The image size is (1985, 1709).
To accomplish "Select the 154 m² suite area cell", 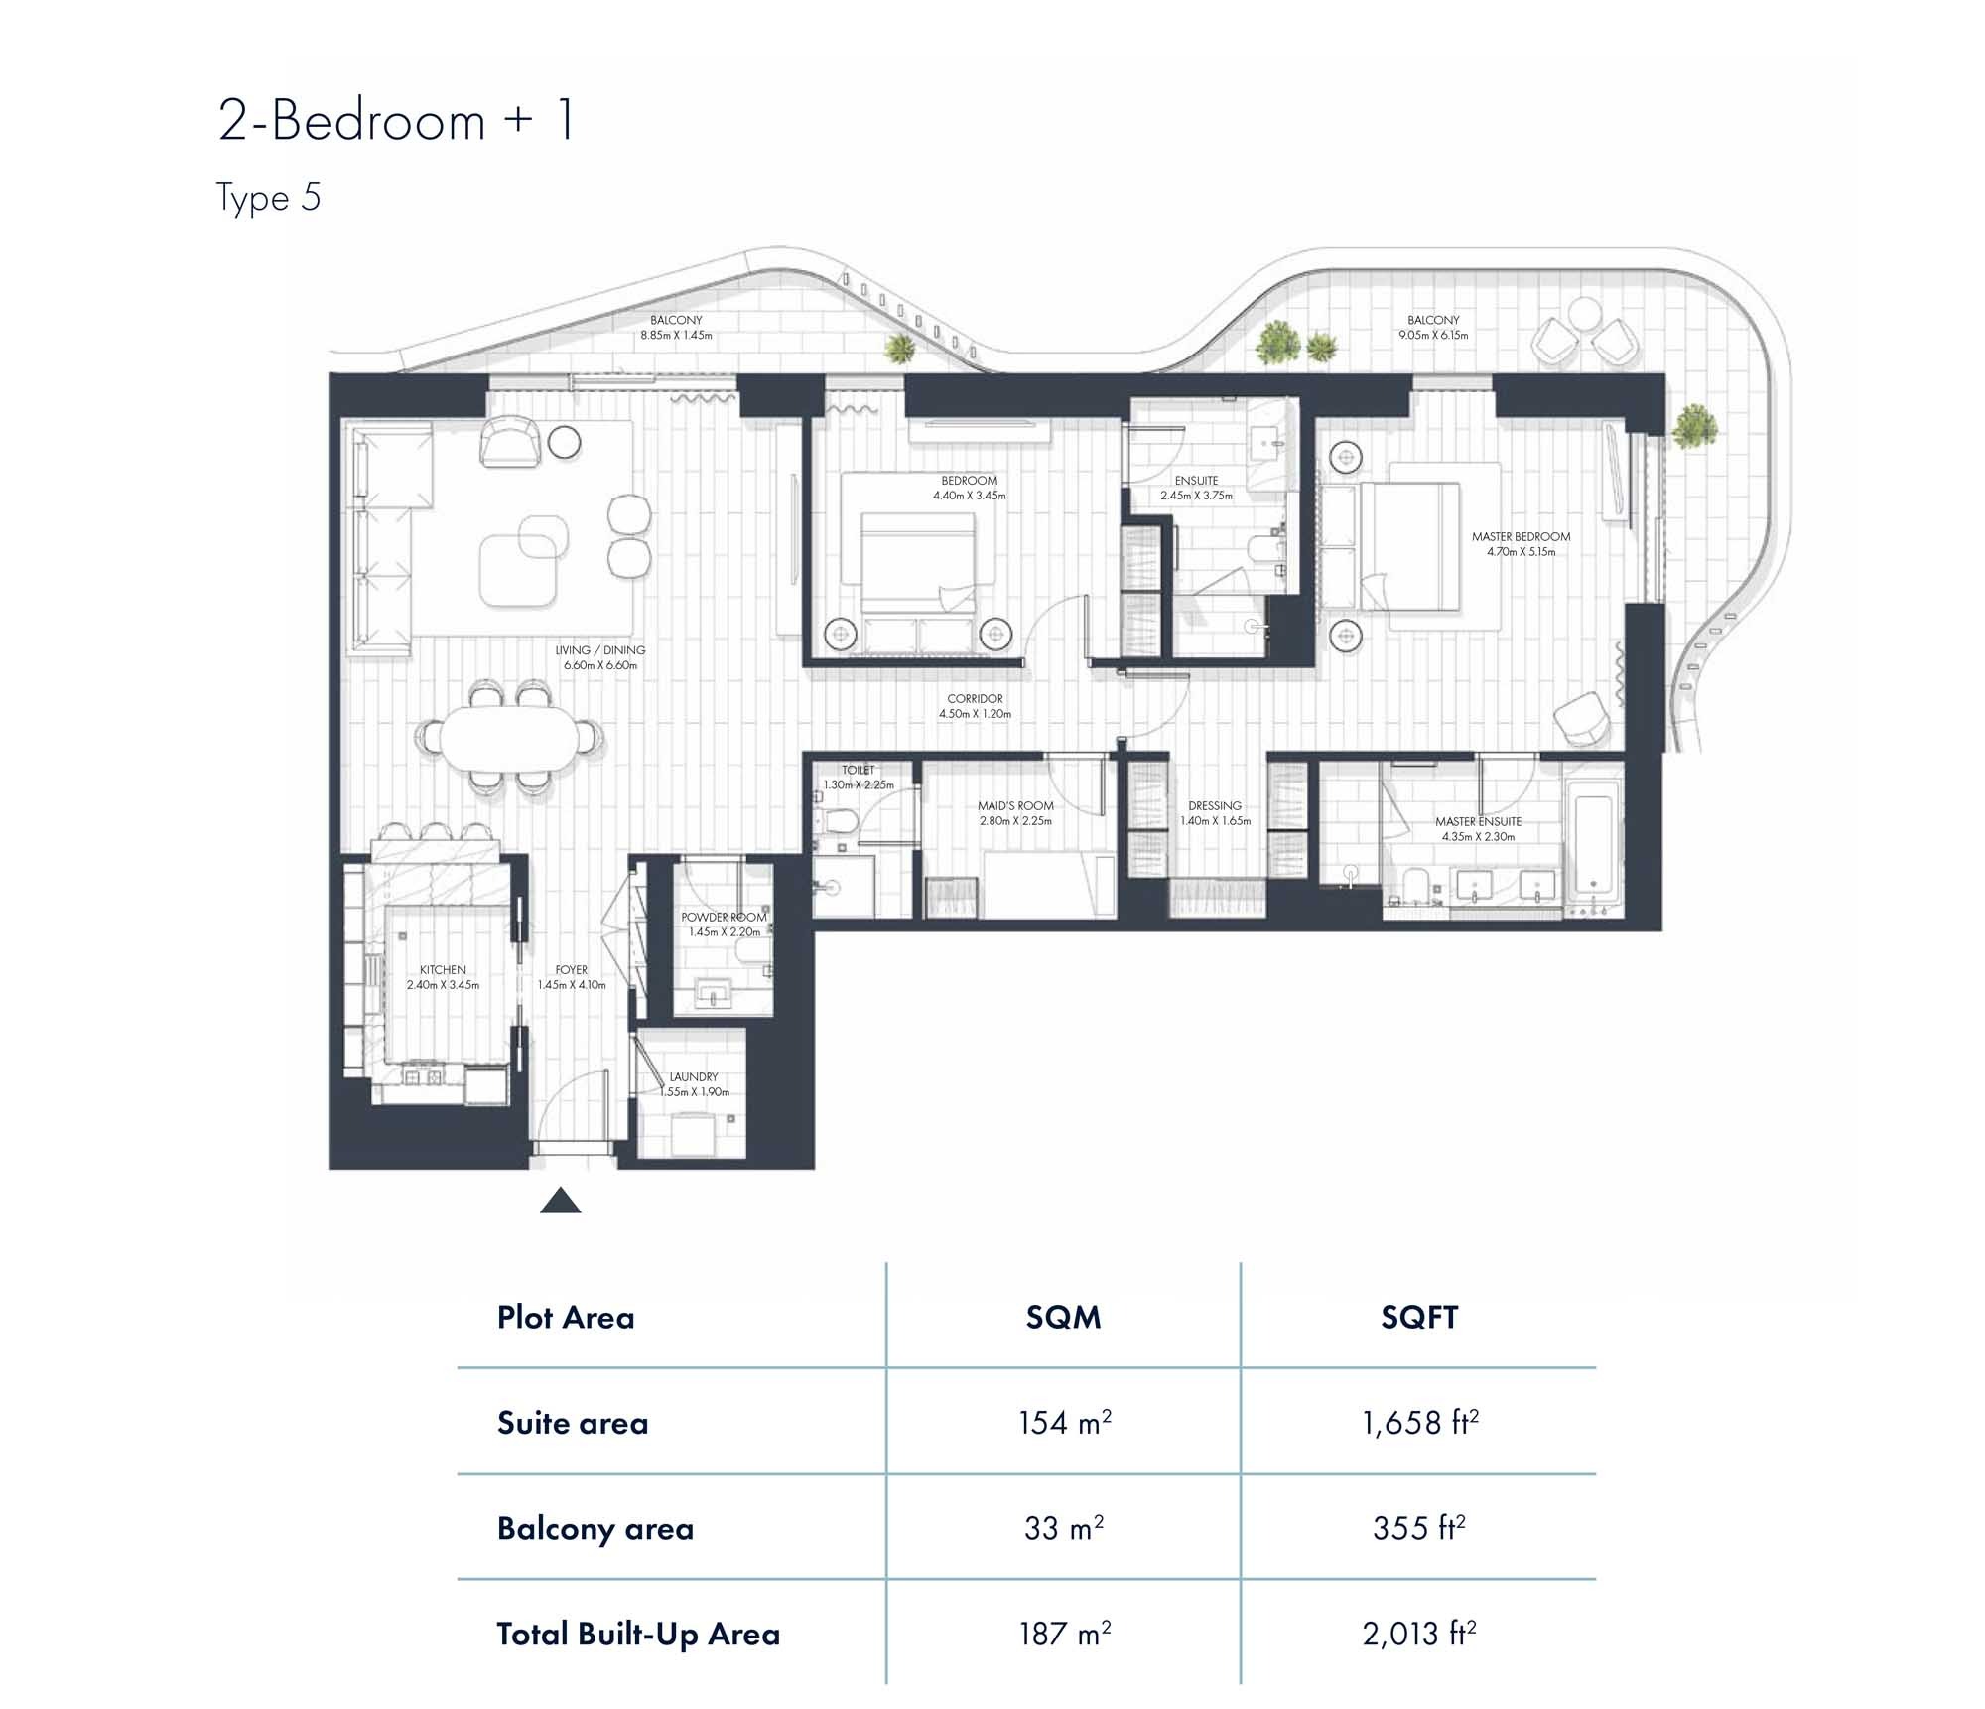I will coord(1064,1422).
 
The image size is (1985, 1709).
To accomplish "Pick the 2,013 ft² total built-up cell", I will coord(1418,1634).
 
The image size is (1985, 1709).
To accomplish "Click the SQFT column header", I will coord(1418,1317).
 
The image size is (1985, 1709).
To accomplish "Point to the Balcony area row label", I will coord(595,1528).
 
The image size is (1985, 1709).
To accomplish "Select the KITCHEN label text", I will coord(443,970).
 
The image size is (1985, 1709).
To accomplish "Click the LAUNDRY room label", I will coord(693,1076).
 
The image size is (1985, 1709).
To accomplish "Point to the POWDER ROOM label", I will coord(724,918).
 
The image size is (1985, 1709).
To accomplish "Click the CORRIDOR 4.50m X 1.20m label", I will coord(975,706).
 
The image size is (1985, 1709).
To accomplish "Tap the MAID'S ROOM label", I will coord(1014,806).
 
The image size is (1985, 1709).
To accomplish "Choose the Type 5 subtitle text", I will coord(268,197).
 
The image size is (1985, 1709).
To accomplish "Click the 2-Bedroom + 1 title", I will coord(396,121).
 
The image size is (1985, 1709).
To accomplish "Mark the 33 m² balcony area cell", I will coord(1064,1528).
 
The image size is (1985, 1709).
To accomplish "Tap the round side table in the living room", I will coord(564,442).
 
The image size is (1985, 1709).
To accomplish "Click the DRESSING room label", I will coord(1215,806).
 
